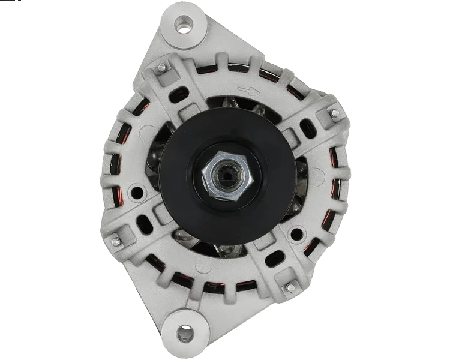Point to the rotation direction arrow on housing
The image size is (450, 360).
pos(247,91)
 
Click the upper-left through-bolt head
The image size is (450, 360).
pos(161,70)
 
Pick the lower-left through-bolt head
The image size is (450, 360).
pos(113,241)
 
